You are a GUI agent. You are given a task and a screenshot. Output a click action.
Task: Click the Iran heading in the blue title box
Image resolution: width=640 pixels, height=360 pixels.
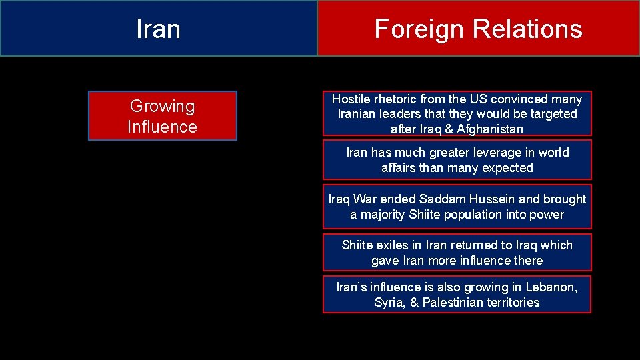pos(158,29)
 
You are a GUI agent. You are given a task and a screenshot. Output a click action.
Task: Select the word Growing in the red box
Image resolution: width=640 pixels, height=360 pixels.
pos(162,106)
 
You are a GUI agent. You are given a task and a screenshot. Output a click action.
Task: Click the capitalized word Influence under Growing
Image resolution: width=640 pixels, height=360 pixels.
pos(162,127)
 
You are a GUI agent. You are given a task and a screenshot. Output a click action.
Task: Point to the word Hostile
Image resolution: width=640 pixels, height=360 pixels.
pos(351,99)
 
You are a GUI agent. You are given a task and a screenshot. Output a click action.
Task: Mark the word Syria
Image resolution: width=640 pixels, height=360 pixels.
pos(389,303)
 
